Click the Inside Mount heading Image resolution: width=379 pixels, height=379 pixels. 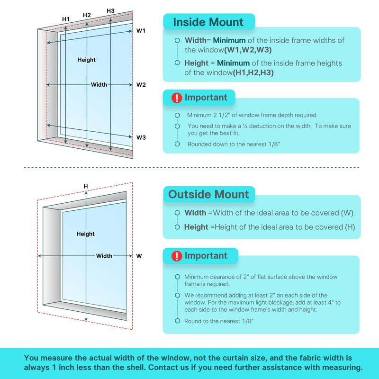pos(208,22)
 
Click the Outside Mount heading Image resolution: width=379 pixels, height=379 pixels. pos(208,194)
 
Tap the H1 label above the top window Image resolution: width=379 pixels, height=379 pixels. pos(66,19)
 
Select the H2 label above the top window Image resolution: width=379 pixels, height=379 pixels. pos(87,15)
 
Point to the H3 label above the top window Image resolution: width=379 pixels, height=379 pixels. pos(110,10)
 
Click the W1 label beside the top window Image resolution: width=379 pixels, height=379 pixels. pos(141,30)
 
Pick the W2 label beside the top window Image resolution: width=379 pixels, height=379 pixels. pos(141,85)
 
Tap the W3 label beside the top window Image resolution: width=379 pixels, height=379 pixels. pos(141,137)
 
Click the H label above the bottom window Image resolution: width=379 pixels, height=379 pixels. pos(86,186)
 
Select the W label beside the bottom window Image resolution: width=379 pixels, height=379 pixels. pos(139,256)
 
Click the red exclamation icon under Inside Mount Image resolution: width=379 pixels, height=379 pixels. pos(177,98)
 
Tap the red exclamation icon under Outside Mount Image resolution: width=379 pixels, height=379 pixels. pos(177,256)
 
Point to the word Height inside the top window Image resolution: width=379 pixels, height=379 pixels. pos(87,60)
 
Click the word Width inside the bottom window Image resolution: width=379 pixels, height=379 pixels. pos(104,256)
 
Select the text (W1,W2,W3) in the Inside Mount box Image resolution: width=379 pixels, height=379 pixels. pos(248,50)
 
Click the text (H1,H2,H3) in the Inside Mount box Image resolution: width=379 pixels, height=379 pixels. pos(253,72)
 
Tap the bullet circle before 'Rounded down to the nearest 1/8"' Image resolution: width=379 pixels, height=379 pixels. pos(177,144)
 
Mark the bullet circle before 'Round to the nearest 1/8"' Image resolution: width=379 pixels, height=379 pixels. pos(177,321)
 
